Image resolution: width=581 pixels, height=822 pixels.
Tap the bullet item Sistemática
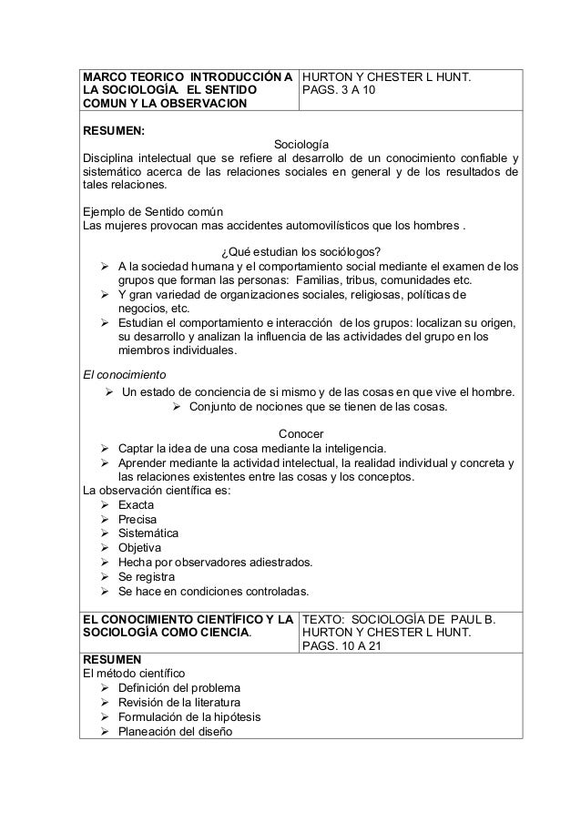point(148,533)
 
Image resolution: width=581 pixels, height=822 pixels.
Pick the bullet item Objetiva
point(140,548)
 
